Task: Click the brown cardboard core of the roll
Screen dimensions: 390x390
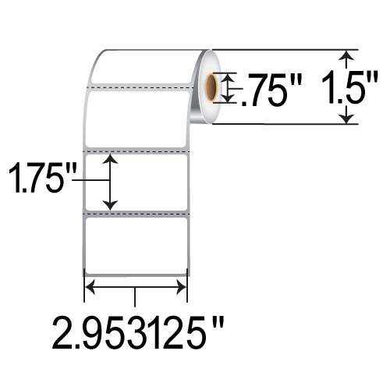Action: tap(214, 87)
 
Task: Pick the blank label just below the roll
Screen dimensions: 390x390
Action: tap(136, 117)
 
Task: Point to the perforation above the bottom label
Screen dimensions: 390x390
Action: tap(136, 212)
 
